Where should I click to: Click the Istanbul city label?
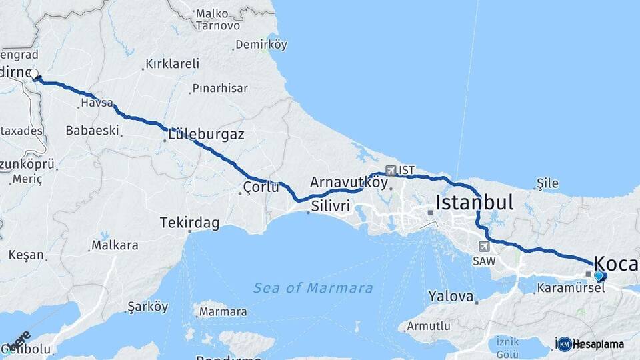474,203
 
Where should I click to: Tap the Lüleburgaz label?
206,134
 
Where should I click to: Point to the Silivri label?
330,207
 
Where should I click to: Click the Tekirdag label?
189,223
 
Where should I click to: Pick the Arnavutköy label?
349,182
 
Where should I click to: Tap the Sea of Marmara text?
313,288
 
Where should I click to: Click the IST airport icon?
390,171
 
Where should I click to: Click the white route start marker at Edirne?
34,74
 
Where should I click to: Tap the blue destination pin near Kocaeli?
598,276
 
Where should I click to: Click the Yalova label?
451,296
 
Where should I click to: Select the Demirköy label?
261,45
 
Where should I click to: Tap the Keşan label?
26,255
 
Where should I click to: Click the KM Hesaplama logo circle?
565,344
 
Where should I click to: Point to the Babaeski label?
92,130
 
